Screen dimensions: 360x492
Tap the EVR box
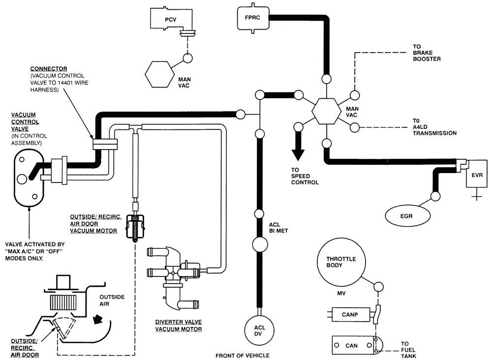[477, 174]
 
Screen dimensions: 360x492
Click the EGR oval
[408, 214]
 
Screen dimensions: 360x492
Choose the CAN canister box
[352, 345]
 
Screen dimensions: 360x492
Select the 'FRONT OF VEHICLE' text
[243, 355]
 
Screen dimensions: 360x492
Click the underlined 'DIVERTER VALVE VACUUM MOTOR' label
[178, 326]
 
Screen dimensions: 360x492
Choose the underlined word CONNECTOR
[48, 68]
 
